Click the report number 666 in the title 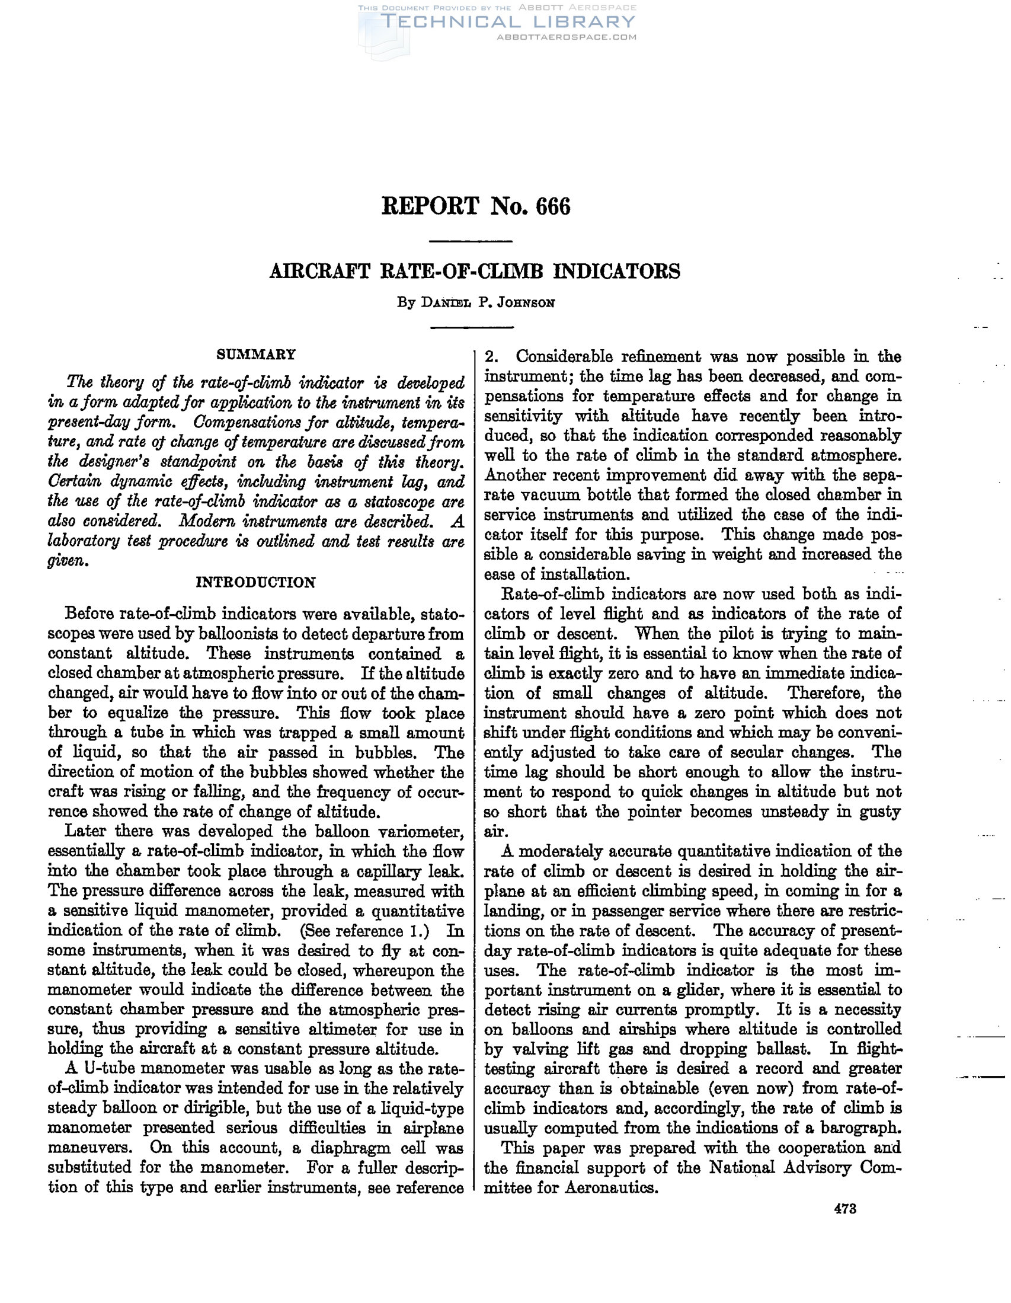553,206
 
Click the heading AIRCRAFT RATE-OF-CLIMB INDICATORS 475,272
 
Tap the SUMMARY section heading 256,355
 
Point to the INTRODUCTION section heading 256,582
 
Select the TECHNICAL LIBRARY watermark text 508,23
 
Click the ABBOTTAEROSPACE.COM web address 567,37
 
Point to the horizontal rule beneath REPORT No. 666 471,242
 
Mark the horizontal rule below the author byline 471,328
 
